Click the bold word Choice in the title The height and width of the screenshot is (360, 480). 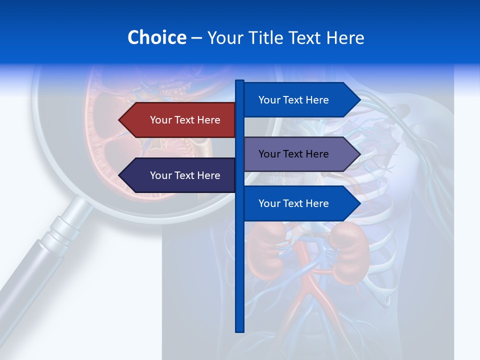click(x=156, y=37)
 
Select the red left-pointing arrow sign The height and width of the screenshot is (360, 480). click(x=180, y=120)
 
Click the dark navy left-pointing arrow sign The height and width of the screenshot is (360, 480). click(x=180, y=175)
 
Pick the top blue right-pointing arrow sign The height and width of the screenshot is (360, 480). click(x=300, y=100)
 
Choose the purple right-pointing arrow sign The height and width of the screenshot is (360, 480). click(x=300, y=154)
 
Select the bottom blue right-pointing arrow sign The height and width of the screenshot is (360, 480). click(x=300, y=203)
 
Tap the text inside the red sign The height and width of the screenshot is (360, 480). click(x=185, y=120)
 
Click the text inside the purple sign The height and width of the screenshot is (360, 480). click(x=293, y=154)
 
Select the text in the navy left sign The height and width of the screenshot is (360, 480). click(x=185, y=175)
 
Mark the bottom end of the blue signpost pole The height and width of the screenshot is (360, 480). click(x=239, y=330)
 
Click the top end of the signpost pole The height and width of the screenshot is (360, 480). click(x=239, y=82)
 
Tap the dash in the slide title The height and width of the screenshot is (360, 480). click(x=196, y=38)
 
